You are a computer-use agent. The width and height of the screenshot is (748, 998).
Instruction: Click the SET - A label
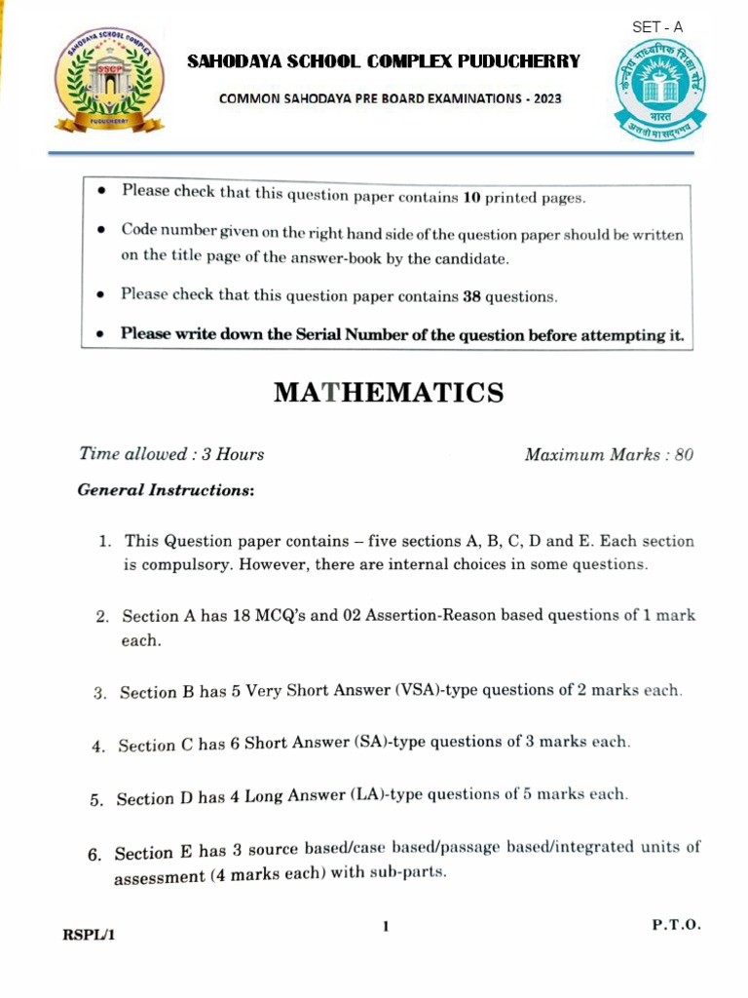pyautogui.click(x=658, y=27)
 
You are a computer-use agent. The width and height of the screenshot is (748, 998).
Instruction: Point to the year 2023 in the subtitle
pyautogui.click(x=542, y=99)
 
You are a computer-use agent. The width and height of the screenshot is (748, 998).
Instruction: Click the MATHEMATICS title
pyautogui.click(x=389, y=393)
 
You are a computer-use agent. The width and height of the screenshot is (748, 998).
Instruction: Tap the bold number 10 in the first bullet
pyautogui.click(x=470, y=197)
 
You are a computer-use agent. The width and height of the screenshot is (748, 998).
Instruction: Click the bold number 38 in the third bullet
pyautogui.click(x=471, y=296)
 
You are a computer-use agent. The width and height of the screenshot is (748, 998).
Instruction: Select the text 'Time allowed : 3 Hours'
pyautogui.click(x=171, y=454)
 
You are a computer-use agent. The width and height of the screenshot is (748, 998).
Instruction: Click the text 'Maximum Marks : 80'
pyautogui.click(x=609, y=455)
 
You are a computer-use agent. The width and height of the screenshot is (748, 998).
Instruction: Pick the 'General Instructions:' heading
pyautogui.click(x=166, y=490)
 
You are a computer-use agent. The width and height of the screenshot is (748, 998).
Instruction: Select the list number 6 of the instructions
pyautogui.click(x=94, y=855)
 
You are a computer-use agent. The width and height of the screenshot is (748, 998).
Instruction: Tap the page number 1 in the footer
pyautogui.click(x=386, y=927)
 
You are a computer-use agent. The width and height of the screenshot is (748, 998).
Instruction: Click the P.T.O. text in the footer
pyautogui.click(x=676, y=925)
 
